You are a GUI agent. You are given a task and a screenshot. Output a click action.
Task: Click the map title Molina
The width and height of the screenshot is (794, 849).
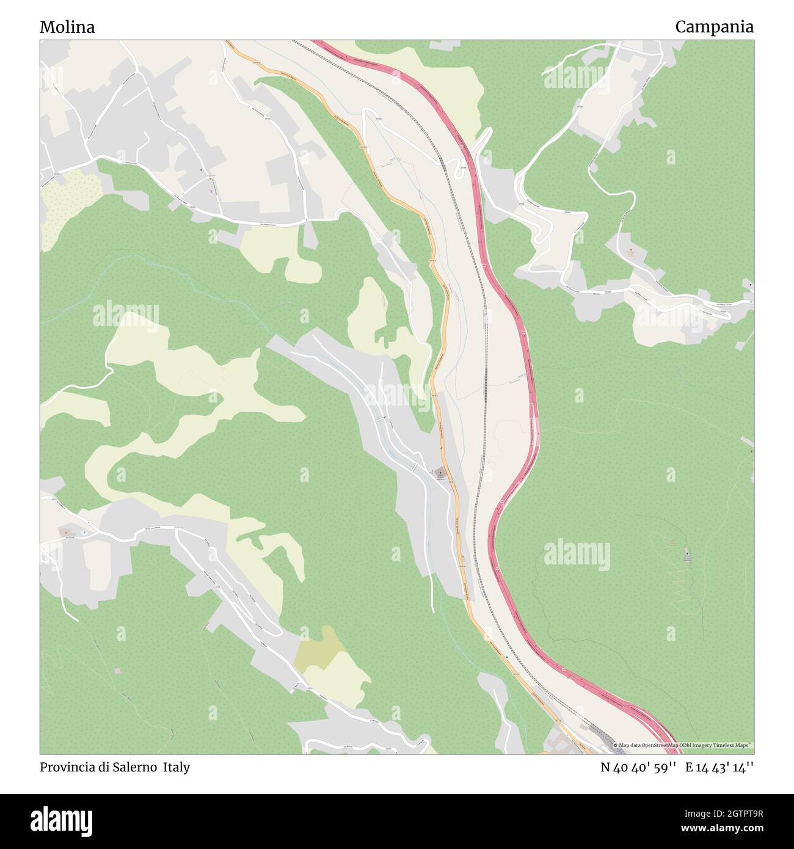click(x=67, y=27)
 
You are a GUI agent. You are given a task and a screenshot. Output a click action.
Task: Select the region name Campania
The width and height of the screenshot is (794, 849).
click(x=714, y=27)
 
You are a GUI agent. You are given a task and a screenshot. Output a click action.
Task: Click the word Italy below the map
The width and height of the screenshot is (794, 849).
click(x=177, y=767)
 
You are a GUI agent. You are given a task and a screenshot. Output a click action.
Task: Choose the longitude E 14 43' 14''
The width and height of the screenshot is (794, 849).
click(x=719, y=767)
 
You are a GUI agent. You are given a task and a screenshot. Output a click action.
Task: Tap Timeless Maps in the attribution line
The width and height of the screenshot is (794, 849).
click(x=733, y=745)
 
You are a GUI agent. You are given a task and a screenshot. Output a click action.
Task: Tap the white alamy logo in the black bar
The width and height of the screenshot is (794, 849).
click(x=62, y=820)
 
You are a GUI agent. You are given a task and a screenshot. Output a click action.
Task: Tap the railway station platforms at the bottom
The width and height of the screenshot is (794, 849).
click(x=605, y=736)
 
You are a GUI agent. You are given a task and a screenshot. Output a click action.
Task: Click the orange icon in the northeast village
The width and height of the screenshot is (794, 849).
click(x=631, y=250)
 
